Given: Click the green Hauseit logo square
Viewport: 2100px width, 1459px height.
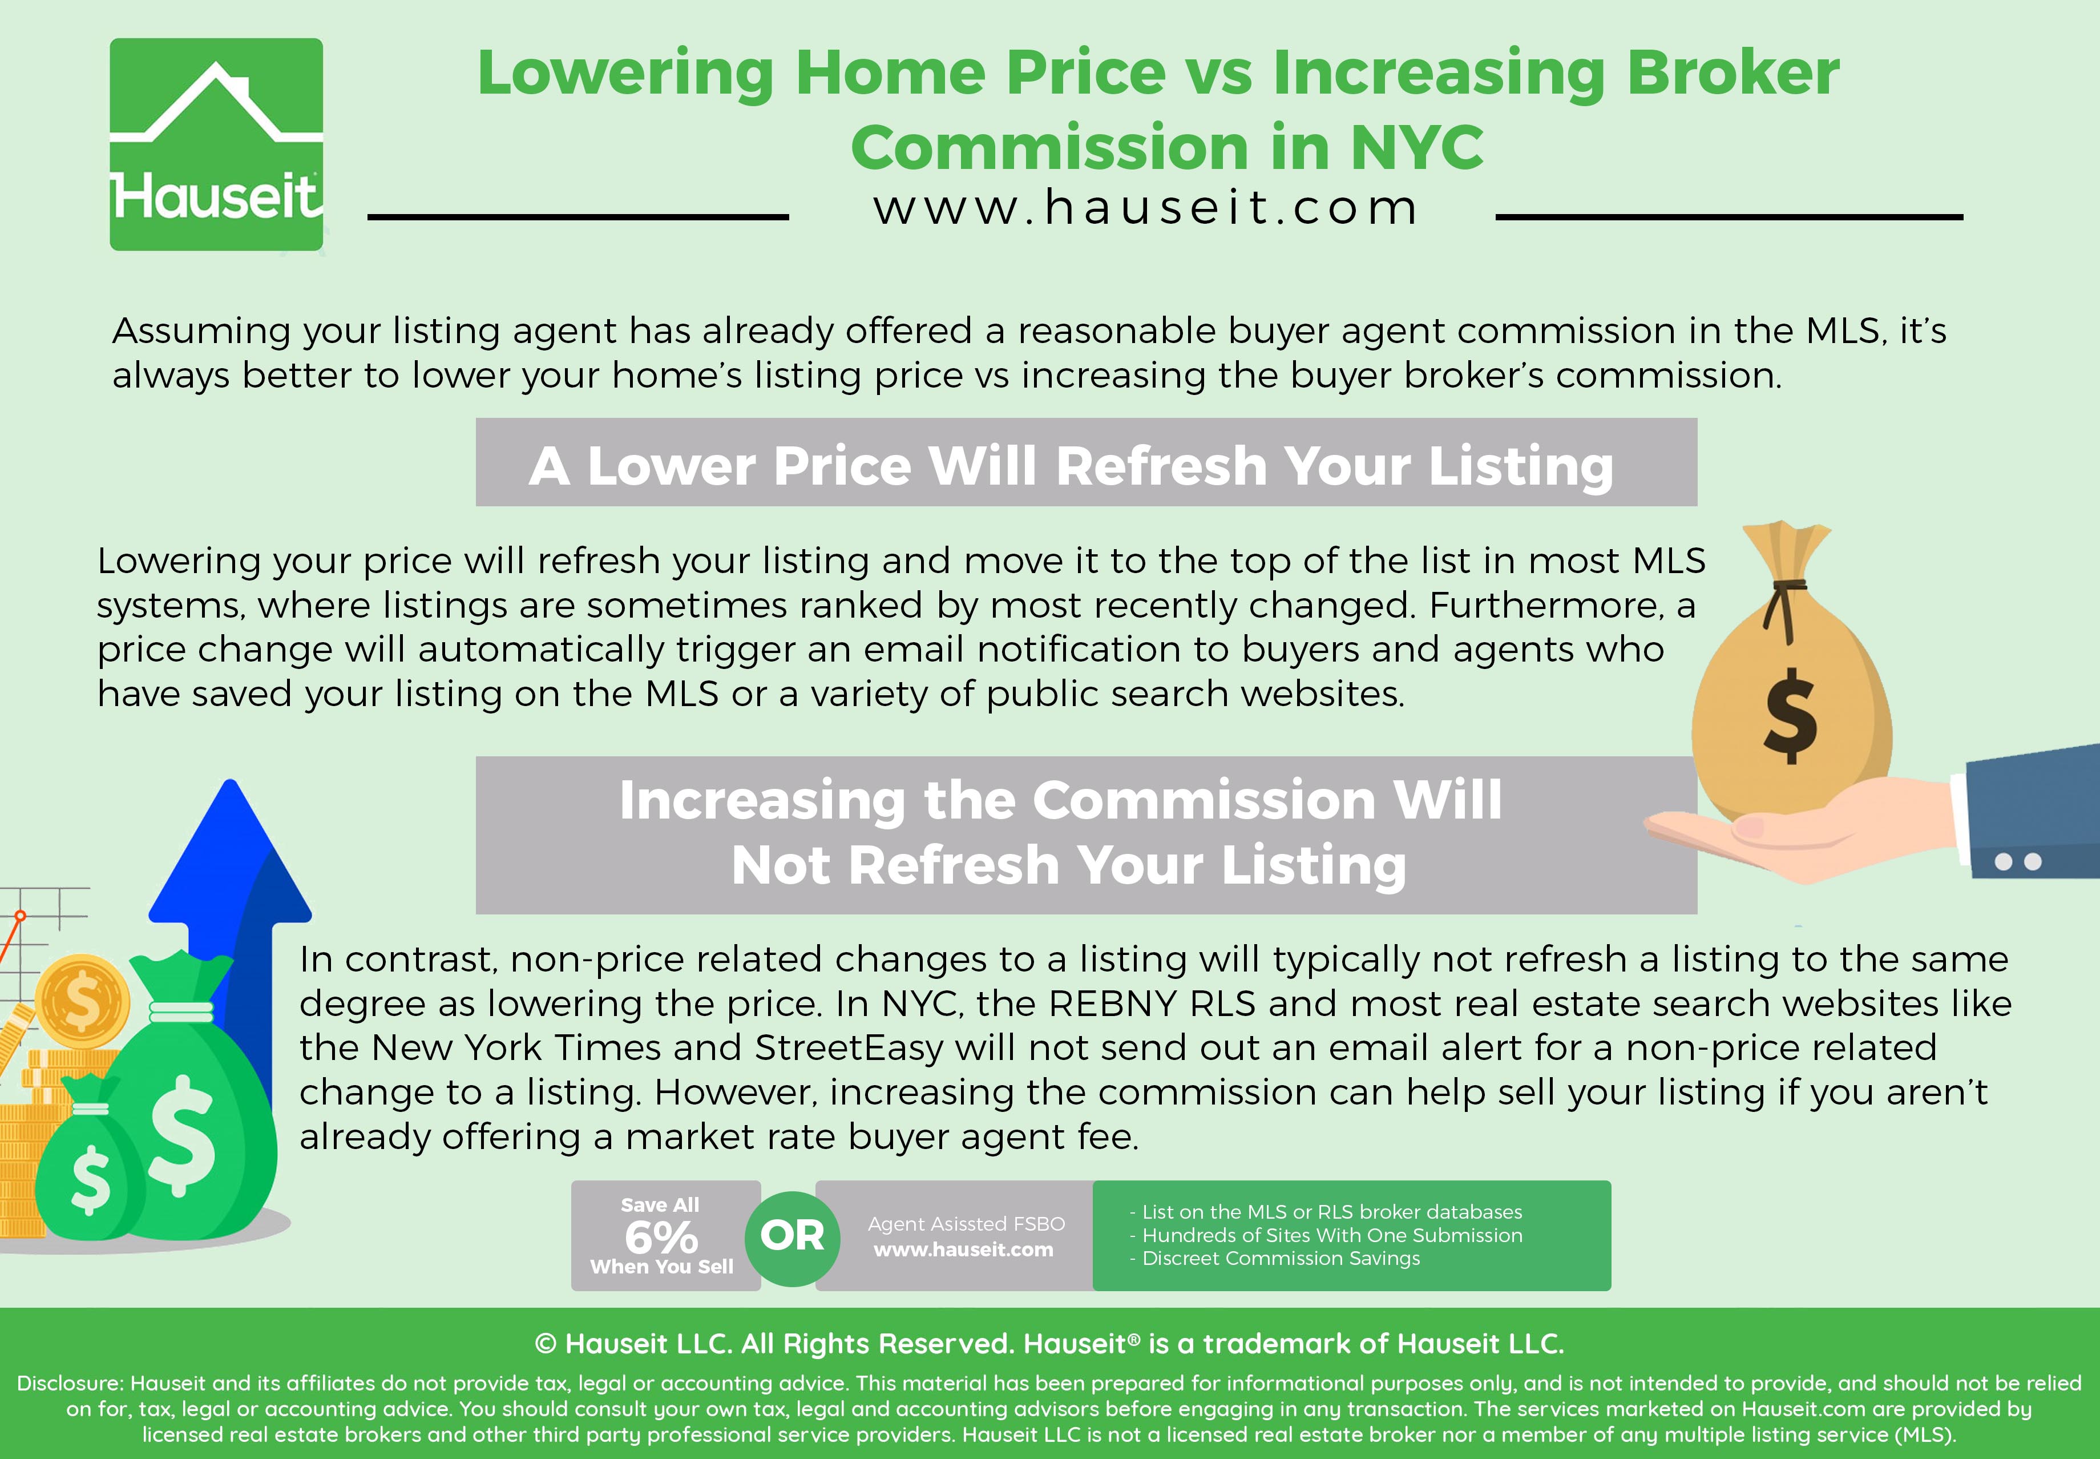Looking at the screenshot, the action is coord(217,144).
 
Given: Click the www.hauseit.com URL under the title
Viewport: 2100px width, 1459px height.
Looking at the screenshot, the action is coord(1146,208).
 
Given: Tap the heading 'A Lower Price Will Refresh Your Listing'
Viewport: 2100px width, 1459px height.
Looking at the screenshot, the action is coord(1071,466).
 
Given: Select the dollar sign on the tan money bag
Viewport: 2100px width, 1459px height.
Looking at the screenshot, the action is coord(1790,715).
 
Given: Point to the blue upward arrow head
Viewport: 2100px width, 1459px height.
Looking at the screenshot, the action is coord(231,850).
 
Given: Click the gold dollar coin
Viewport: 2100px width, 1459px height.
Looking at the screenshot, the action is coord(82,1001).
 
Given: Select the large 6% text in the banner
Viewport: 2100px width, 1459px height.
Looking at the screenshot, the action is coord(661,1238).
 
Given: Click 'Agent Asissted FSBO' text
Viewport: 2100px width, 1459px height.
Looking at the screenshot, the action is coord(966,1223).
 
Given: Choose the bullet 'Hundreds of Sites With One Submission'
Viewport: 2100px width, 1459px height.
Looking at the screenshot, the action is coord(1326,1235).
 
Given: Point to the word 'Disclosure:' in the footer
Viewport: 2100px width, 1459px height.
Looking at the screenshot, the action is coord(70,1383).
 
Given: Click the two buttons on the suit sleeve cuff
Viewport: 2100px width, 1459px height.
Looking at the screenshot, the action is coord(2018,861).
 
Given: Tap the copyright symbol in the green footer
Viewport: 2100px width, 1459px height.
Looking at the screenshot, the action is coord(546,1344).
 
